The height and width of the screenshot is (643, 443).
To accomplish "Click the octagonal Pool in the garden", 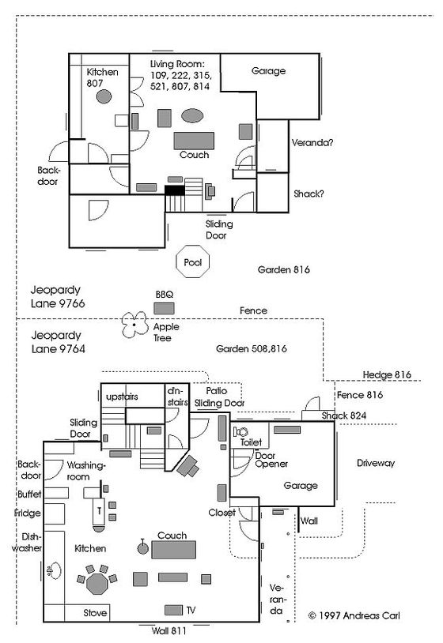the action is [192, 261].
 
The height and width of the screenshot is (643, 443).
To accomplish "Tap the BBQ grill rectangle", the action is [164, 308].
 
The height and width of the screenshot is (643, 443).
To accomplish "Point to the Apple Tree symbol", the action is [134, 325].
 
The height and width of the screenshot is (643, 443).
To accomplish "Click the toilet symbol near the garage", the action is [241, 432].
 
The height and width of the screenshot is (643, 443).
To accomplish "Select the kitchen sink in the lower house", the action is [55, 570].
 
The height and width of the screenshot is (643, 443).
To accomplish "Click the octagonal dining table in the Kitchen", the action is [97, 584].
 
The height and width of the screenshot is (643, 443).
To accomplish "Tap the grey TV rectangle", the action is [173, 610].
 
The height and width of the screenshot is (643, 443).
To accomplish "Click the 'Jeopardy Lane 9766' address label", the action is [58, 297].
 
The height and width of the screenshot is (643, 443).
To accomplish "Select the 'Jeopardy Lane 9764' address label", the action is [59, 342].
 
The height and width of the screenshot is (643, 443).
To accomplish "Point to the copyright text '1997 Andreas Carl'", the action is [358, 615].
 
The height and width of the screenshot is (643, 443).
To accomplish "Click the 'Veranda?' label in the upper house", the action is [312, 143].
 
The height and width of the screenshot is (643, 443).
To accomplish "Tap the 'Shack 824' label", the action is [343, 416].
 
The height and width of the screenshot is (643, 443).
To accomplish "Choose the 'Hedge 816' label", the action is [387, 374].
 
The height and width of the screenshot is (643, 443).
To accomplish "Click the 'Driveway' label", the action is [375, 464].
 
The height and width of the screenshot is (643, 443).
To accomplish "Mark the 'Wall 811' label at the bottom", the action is [168, 630].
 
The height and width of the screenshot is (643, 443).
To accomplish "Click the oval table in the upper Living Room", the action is [192, 115].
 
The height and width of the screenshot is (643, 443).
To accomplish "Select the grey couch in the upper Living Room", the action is [194, 141].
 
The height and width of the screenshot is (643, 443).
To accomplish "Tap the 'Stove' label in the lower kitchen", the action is [95, 613].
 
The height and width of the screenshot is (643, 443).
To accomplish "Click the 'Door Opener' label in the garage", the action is [271, 460].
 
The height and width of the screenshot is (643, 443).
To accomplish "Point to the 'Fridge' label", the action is [27, 513].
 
